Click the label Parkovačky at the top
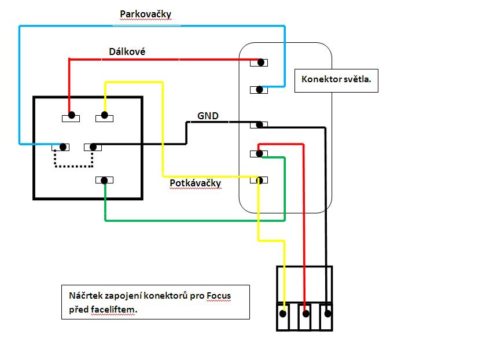pyautogui.click(x=145, y=14)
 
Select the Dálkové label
pyautogui.click(x=127, y=52)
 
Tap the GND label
pyautogui.click(x=208, y=116)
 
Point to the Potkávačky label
pyautogui.click(x=195, y=183)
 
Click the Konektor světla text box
pyautogui.click(x=336, y=82)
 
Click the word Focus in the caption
pyautogui.click(x=218, y=296)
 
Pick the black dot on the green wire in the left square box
pyautogui.click(x=105, y=180)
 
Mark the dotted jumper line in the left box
pyautogui.click(x=73, y=165)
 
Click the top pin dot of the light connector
pyautogui.click(x=262, y=63)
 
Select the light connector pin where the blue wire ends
pyautogui.click(x=261, y=90)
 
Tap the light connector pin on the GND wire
pyautogui.click(x=261, y=125)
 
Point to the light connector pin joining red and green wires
pyautogui.click(x=260, y=153)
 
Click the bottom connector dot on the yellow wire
pyautogui.click(x=283, y=314)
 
